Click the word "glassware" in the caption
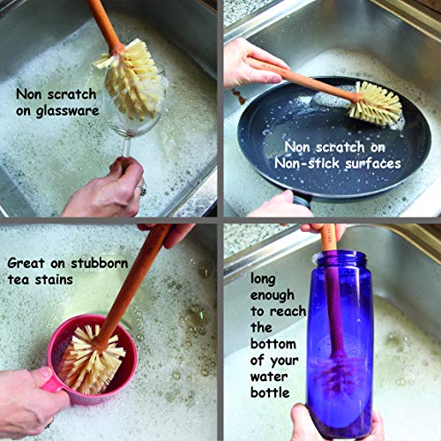pyautogui.click(x=67, y=112)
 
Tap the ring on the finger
pyautogui.click(x=142, y=191)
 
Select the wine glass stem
pyautogui.click(x=127, y=147)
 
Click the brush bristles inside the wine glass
pyautogui.click(x=131, y=79)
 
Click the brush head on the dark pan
pyautogui.click(x=375, y=103)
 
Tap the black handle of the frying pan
pyautogui.click(x=303, y=202)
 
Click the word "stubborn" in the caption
pyautogui.click(x=100, y=263)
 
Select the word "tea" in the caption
pyautogui.click(x=19, y=280)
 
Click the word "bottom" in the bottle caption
pyautogui.click(x=273, y=344)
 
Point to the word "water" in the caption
pyautogui.click(x=269, y=377)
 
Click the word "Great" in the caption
pyautogui.click(x=26, y=263)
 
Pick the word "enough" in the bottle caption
pyautogui.click(x=273, y=295)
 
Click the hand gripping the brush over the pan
pyautogui.click(x=253, y=64)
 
